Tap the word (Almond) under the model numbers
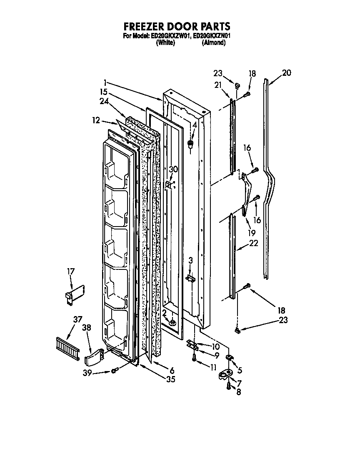coord(213,42)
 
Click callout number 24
coord(105,100)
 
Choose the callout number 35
coord(170,379)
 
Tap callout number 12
coord(96,120)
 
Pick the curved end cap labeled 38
coord(95,356)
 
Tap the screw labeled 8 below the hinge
coord(228,386)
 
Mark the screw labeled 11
coord(194,358)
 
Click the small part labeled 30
coord(168,183)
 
